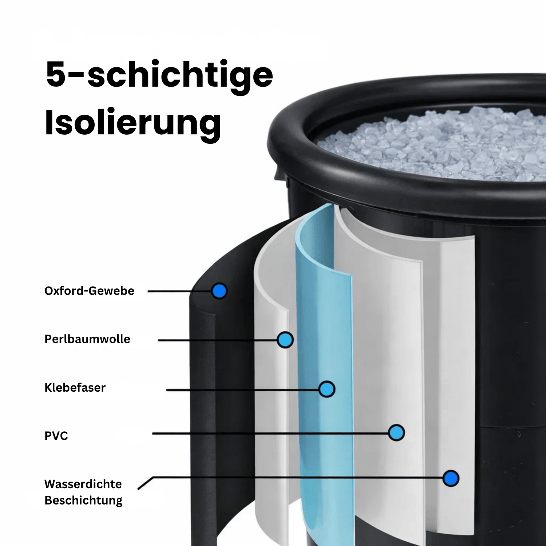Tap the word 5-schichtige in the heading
pyautogui.click(x=159, y=75)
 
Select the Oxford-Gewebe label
pyautogui.click(x=89, y=291)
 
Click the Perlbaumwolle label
pyautogui.click(x=87, y=339)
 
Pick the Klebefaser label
pyautogui.click(x=75, y=387)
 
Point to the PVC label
pyautogui.click(x=56, y=436)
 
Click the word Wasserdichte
pyautogui.click(x=83, y=484)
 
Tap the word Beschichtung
pyautogui.click(x=83, y=500)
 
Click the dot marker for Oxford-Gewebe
pyautogui.click(x=219, y=291)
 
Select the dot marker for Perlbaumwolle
pyautogui.click(x=285, y=340)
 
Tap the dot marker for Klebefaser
pyautogui.click(x=327, y=389)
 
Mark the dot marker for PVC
pyautogui.click(x=396, y=433)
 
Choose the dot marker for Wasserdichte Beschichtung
pyautogui.click(x=451, y=478)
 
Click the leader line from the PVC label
pyautogui.click(x=270, y=433)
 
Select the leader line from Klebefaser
pyautogui.click(x=242, y=390)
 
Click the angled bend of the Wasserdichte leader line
pyautogui.click(x=153, y=477)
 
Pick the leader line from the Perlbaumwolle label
pyautogui.click(x=217, y=340)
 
